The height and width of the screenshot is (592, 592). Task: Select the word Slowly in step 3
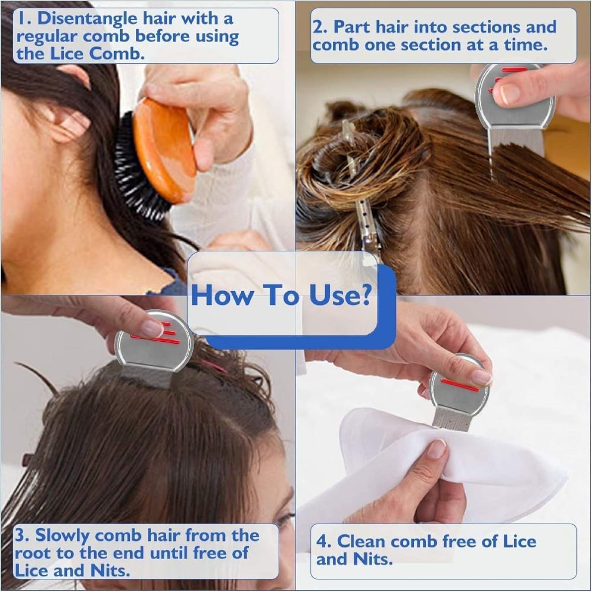pyautogui.click(x=63, y=535)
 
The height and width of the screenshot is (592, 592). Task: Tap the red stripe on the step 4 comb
pyautogui.click(x=460, y=385)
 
